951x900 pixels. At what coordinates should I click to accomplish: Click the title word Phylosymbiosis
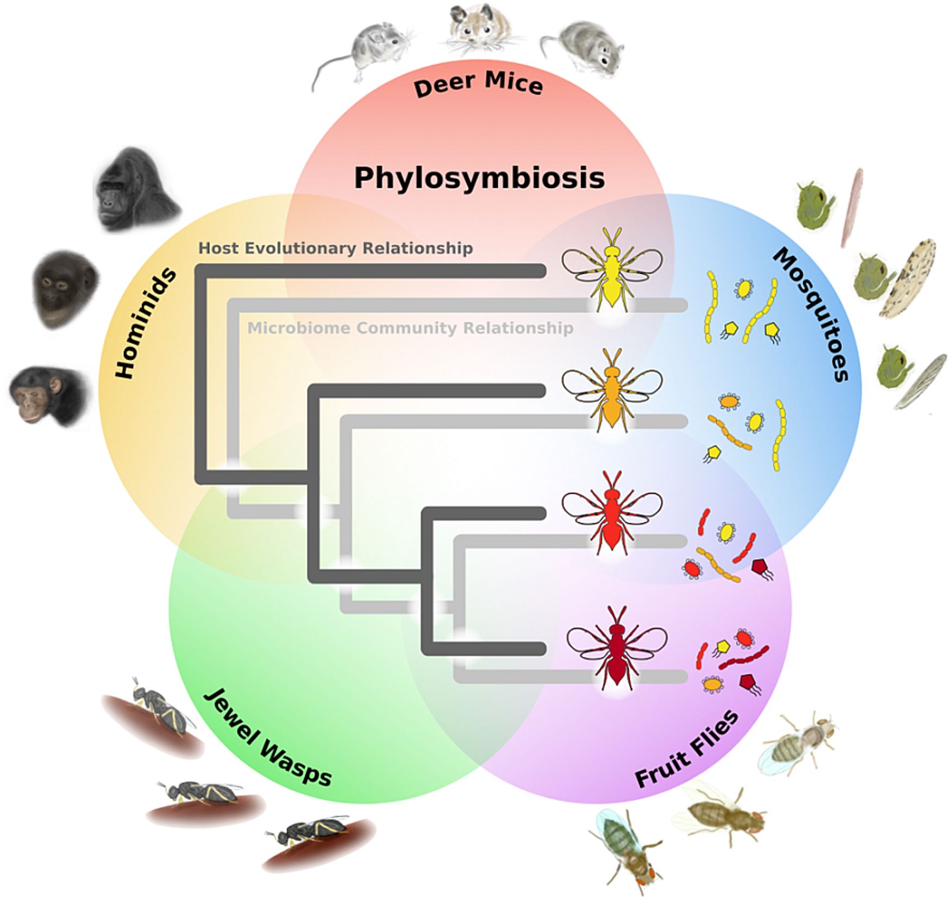(x=479, y=178)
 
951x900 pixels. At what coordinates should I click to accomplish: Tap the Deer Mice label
(x=478, y=85)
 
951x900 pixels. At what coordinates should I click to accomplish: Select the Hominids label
(x=146, y=323)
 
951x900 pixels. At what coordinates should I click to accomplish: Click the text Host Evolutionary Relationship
(x=335, y=248)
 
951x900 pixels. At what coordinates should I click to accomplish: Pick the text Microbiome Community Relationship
(x=410, y=328)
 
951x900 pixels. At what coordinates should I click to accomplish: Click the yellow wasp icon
(x=612, y=268)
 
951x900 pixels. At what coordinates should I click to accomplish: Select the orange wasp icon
(x=612, y=389)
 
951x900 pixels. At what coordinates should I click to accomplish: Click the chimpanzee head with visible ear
(x=46, y=394)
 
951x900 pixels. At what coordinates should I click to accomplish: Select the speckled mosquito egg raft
(x=908, y=277)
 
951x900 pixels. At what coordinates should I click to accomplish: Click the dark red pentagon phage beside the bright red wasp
(x=760, y=568)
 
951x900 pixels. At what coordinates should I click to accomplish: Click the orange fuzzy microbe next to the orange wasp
(x=729, y=402)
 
